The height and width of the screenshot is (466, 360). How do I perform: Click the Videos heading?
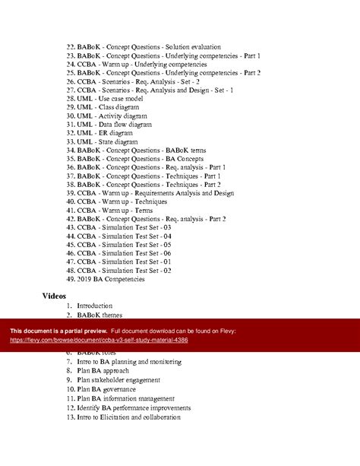point(54,295)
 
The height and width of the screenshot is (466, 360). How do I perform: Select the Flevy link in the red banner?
point(99,340)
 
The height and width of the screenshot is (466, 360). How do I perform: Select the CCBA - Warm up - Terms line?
point(112,210)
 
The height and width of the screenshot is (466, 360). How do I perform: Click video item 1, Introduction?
point(94,306)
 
